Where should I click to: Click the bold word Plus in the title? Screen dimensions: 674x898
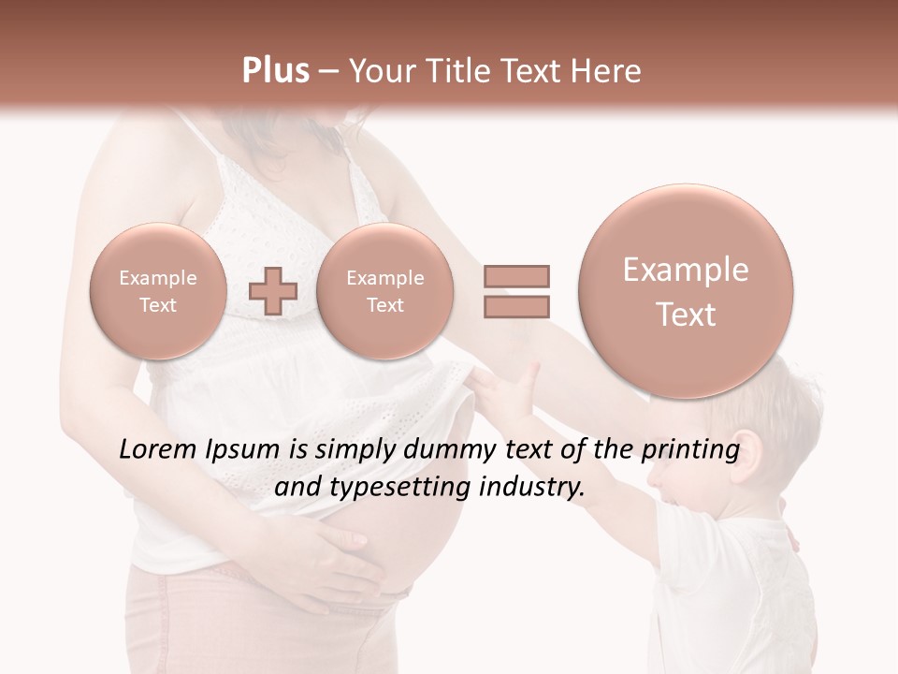point(275,71)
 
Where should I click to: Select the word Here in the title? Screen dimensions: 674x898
point(607,71)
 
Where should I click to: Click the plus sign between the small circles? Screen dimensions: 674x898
point(272,290)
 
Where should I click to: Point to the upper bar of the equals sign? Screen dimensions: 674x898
point(515,276)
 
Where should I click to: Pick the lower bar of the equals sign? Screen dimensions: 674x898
point(515,306)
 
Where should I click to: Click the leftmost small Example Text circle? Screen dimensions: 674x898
point(157,290)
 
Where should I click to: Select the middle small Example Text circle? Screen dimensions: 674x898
point(384,290)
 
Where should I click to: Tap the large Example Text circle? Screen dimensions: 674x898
point(686,291)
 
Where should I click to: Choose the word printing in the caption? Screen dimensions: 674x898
point(692,450)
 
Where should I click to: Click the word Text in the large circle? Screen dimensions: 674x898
point(686,315)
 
